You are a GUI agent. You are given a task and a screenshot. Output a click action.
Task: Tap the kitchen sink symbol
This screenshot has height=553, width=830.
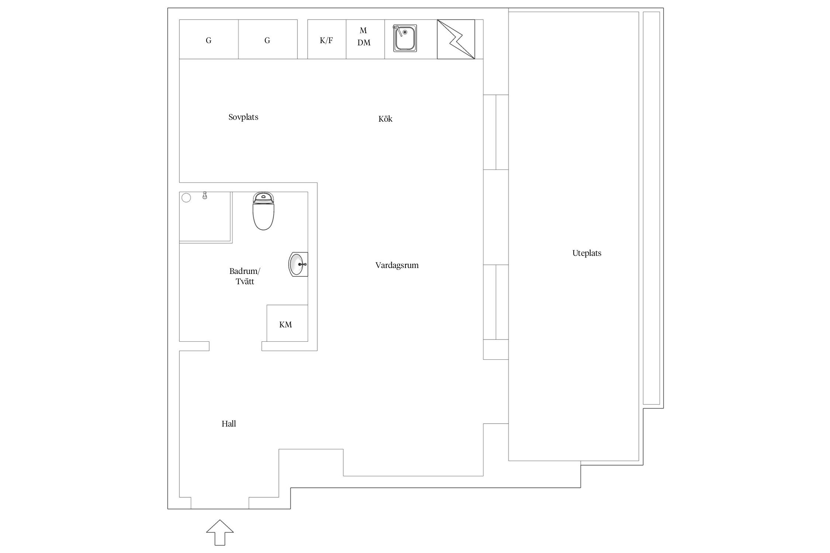point(405,38)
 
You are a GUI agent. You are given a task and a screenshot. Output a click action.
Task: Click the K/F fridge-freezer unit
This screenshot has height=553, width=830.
point(326,39)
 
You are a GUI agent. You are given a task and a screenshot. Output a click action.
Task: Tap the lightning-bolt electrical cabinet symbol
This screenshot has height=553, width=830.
point(456,39)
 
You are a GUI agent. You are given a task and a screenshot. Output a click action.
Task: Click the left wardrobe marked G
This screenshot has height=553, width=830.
point(209,39)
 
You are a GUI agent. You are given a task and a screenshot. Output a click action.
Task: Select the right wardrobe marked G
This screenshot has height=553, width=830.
point(268,39)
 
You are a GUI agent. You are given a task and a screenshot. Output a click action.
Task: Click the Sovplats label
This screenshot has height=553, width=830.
point(243,117)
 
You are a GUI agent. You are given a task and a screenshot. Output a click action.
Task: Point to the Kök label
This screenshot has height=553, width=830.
point(385,119)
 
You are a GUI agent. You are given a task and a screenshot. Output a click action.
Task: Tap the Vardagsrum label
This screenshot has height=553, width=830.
point(397,265)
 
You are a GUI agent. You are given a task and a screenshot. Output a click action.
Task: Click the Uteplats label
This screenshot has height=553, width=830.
point(587,253)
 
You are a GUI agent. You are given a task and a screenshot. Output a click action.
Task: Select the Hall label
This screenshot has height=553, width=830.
point(229,424)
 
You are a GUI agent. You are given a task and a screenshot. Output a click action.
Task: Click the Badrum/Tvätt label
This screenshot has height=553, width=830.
point(245,276)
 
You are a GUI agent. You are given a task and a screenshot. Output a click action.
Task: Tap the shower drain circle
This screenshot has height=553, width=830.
point(186,198)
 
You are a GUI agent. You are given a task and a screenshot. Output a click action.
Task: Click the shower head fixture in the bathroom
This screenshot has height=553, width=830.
point(205,196)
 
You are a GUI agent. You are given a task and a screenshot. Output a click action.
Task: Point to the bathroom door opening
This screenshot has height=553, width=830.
point(235,346)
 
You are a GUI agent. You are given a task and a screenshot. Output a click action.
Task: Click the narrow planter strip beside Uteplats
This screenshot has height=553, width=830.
point(651,208)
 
